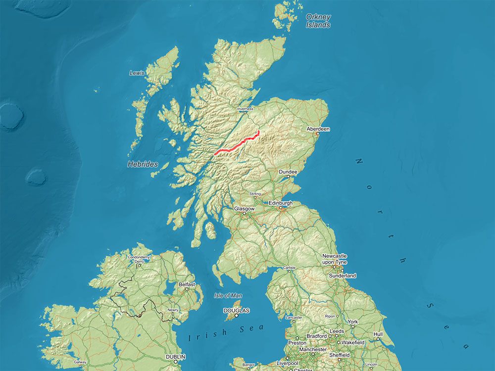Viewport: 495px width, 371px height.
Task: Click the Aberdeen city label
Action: pos(318,129)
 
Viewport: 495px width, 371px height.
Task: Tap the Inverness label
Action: pos(245,109)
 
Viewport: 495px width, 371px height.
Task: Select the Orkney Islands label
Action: pos(318,20)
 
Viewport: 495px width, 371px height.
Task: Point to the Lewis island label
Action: pos(137,73)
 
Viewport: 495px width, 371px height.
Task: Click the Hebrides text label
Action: pos(143,164)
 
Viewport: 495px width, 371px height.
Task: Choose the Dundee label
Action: pos(288,172)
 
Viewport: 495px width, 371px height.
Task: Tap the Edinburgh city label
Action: pos(281,203)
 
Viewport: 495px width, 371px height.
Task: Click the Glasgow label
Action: pos(244,209)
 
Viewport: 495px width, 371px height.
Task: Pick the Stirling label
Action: pos(255,193)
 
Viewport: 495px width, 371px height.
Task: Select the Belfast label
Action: pos(187,284)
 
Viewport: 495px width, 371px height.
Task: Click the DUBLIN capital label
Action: pos(176,357)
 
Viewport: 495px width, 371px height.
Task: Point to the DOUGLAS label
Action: pos(236,311)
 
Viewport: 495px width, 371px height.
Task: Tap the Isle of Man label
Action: pos(228,295)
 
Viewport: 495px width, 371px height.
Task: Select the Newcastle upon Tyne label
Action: pos(335,259)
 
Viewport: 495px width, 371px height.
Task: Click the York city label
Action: pos(352,322)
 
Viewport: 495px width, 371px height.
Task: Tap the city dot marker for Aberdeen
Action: pos(318,134)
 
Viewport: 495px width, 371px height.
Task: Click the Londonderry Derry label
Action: pos(139,259)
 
